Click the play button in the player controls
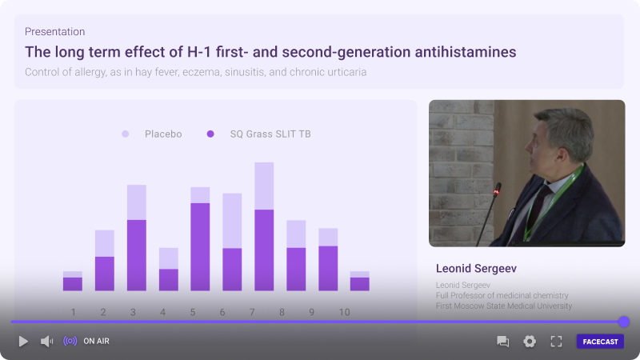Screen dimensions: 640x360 [x=23, y=342]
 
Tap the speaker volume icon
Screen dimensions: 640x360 [x=46, y=342]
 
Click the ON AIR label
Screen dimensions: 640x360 [x=96, y=342]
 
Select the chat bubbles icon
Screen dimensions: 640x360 [x=502, y=342]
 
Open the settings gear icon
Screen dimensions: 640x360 [x=530, y=342]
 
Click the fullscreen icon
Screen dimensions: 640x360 [x=556, y=342]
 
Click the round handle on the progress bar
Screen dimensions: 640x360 [x=624, y=322]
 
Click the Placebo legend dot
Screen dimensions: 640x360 [x=126, y=134]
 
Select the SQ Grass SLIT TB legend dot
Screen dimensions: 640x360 [x=210, y=134]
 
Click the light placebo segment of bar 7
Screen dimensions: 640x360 [x=264, y=186]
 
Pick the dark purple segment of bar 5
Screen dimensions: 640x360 [x=200, y=247]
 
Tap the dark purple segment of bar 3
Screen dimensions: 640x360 [x=137, y=255]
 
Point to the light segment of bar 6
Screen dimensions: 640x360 [x=232, y=221]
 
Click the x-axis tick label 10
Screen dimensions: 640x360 [x=345, y=312]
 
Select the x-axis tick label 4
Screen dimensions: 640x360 [x=163, y=312]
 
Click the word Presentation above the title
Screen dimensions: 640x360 [x=54, y=31]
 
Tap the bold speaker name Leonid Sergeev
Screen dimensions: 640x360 [x=476, y=268]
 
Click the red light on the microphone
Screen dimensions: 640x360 [x=497, y=191]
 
